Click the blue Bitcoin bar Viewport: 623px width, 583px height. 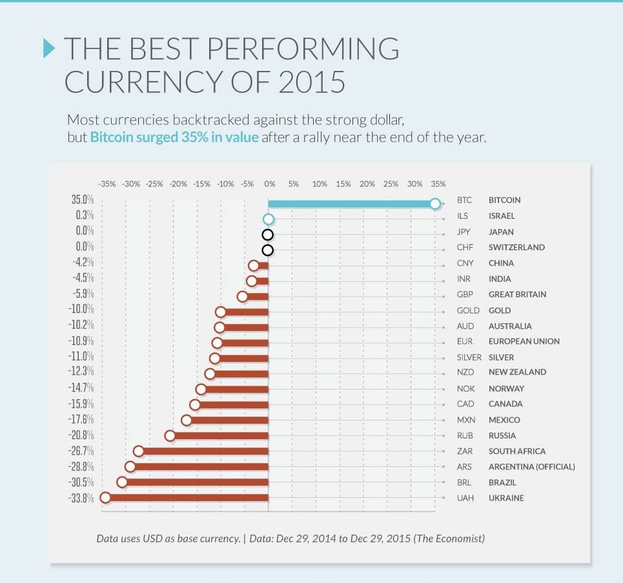click(352, 204)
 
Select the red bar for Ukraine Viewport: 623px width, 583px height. click(187, 498)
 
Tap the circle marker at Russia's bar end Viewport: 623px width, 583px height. click(170, 436)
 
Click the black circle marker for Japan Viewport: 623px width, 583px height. click(268, 235)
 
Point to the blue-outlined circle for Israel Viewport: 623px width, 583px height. click(269, 219)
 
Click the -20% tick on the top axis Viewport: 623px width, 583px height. click(178, 184)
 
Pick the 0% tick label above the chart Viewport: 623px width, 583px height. click(270, 184)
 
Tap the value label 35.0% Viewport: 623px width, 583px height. click(83, 200)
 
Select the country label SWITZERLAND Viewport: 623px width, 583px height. click(516, 247)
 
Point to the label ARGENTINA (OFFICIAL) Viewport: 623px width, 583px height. click(531, 467)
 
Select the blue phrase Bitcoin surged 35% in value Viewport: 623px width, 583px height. click(174, 138)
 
